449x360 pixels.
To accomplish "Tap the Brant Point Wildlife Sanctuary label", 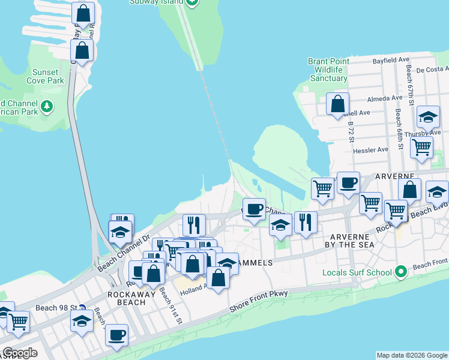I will [x=328, y=70].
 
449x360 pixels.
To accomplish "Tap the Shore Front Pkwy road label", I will [x=259, y=301].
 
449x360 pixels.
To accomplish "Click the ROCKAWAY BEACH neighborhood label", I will [x=127, y=298].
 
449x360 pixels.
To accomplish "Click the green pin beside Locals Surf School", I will [x=400, y=272].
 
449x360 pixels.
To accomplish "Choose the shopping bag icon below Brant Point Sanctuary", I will [x=338, y=103].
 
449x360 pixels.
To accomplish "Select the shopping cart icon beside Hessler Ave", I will [x=422, y=146].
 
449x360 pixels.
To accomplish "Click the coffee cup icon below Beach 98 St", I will [x=117, y=334].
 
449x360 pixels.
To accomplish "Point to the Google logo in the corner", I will [x=19, y=352].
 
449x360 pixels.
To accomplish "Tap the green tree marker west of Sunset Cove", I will [x=47, y=107].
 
